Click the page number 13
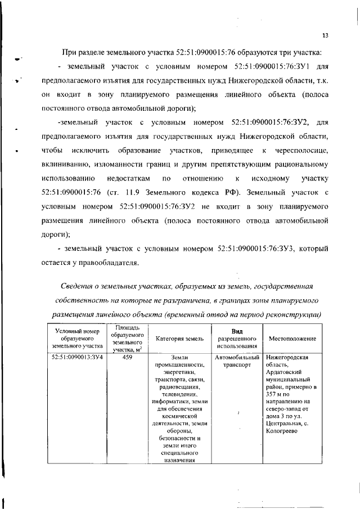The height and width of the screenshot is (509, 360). point(325,37)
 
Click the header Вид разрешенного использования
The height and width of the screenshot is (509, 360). point(236,338)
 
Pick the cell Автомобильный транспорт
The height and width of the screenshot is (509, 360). point(236,361)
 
